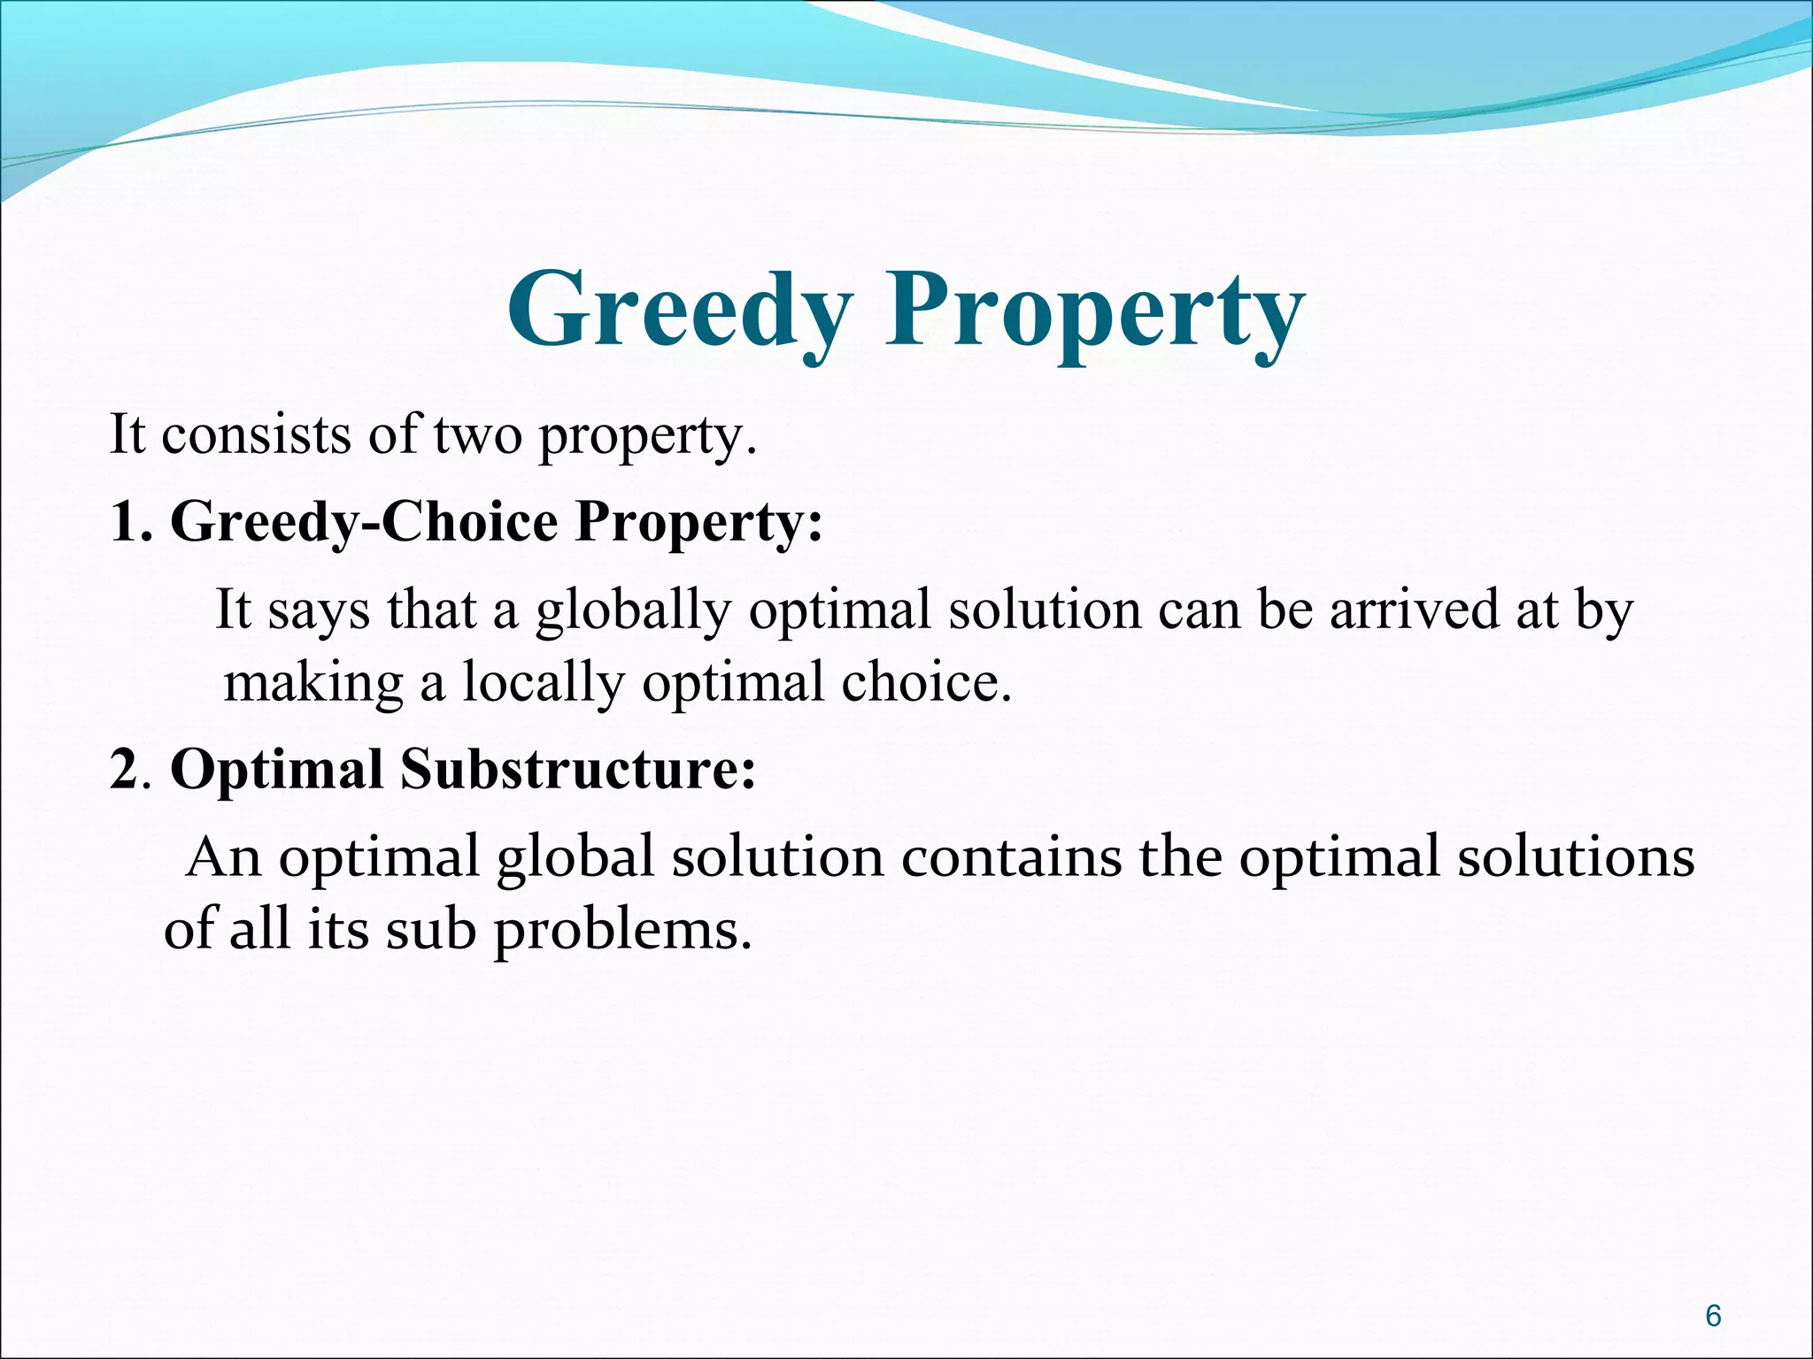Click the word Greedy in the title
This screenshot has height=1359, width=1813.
click(x=680, y=310)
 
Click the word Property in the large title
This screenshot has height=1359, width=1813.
click(x=1095, y=310)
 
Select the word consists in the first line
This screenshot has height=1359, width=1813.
click(x=256, y=435)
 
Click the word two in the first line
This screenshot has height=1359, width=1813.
click(x=476, y=435)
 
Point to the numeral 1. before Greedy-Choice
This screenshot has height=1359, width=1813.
click(x=133, y=521)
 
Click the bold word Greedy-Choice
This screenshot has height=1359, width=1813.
click(x=364, y=521)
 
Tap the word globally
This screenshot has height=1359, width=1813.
click(x=633, y=610)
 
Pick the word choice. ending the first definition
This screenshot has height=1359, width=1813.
click(x=926, y=683)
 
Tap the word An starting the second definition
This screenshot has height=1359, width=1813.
click(x=224, y=857)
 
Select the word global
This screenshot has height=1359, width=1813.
click(x=575, y=857)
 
